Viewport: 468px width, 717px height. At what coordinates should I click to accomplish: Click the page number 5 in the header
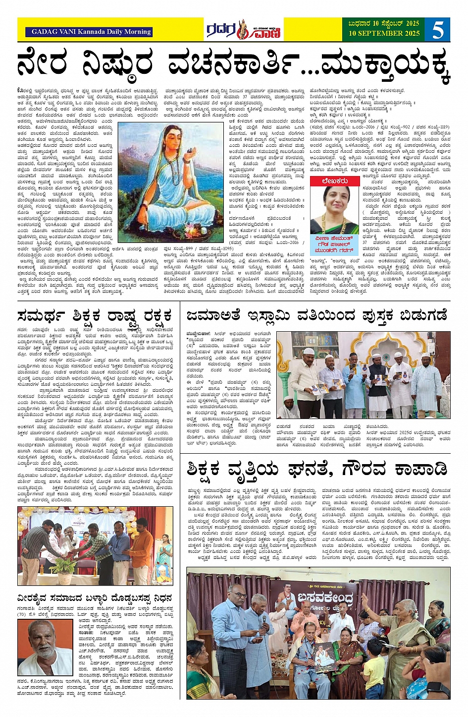point(438,30)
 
